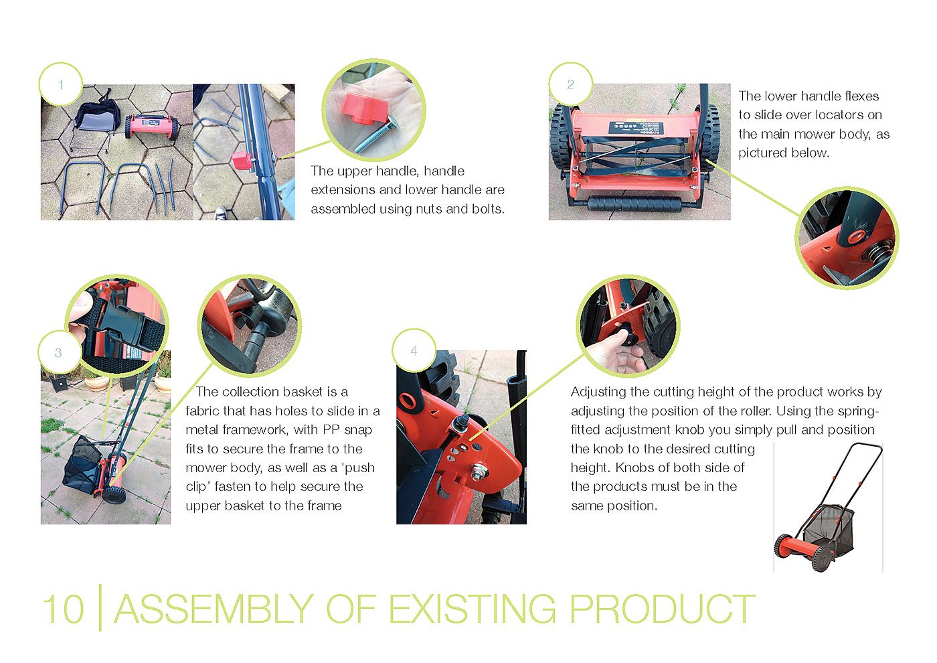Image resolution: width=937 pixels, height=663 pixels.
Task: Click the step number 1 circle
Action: click(x=61, y=84)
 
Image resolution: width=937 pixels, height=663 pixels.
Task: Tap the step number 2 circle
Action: click(x=570, y=84)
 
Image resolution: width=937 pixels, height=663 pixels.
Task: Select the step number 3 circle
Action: click(x=59, y=352)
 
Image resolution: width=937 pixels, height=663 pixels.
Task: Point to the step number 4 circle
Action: click(x=414, y=351)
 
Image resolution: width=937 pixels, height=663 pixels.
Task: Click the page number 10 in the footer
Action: click(x=64, y=609)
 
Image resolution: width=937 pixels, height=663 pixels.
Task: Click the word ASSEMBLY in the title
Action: click(x=214, y=609)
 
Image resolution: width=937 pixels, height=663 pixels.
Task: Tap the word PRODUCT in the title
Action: click(x=663, y=609)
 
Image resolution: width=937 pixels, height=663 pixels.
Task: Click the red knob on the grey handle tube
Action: click(x=242, y=161)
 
